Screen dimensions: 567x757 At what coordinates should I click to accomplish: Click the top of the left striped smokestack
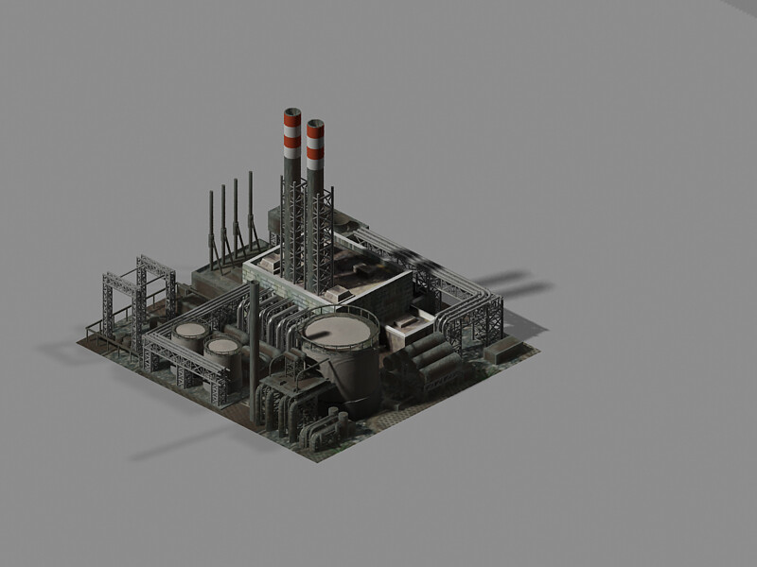coord(292,114)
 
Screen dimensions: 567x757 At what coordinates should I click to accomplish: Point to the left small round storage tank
coord(191,333)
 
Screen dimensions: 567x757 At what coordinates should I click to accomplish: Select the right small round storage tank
coord(223,348)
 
